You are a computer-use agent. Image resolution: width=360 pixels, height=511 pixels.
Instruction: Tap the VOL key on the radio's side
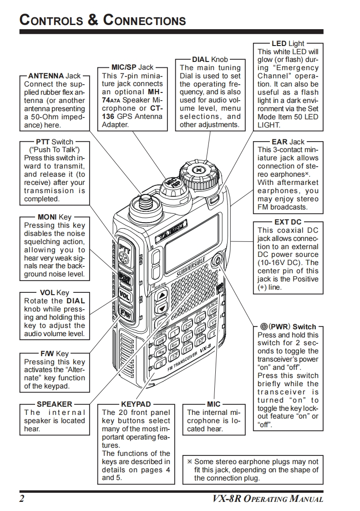pyautogui.click(x=124, y=294)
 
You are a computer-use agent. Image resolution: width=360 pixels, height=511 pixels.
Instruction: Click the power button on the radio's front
pyautogui.click(x=217, y=260)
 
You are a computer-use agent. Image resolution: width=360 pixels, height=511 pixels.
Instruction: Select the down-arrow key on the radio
pyautogui.click(x=161, y=308)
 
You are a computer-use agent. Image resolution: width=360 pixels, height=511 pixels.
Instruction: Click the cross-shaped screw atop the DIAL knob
pyautogui.click(x=198, y=170)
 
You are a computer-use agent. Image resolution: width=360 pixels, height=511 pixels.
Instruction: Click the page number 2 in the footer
pyautogui.click(x=21, y=498)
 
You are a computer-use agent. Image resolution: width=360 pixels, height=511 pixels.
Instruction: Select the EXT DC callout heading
pyautogui.click(x=288, y=222)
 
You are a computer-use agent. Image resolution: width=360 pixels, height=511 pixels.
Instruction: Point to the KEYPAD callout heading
pyautogui.click(x=136, y=404)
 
